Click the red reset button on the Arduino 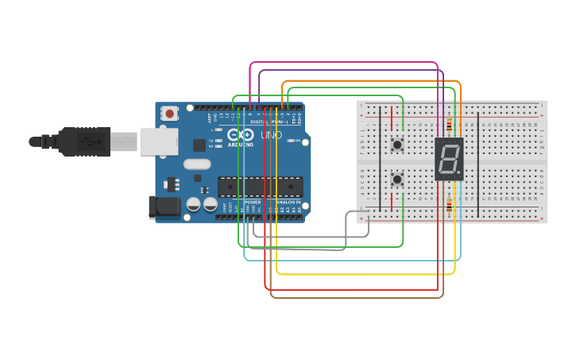tap(169, 114)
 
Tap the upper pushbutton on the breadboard tap(396, 144)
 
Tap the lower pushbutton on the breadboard tap(396, 180)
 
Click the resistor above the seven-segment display tap(450, 124)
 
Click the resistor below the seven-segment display tap(450, 206)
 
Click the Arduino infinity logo tap(240, 136)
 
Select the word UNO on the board tap(273, 135)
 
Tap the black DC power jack tap(163, 207)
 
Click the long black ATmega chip tap(261, 187)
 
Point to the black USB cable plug tap(79, 141)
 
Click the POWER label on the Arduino tap(252, 202)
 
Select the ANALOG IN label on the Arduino tap(287, 202)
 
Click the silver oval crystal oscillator tap(198, 165)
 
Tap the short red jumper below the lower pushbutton tap(390, 202)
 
